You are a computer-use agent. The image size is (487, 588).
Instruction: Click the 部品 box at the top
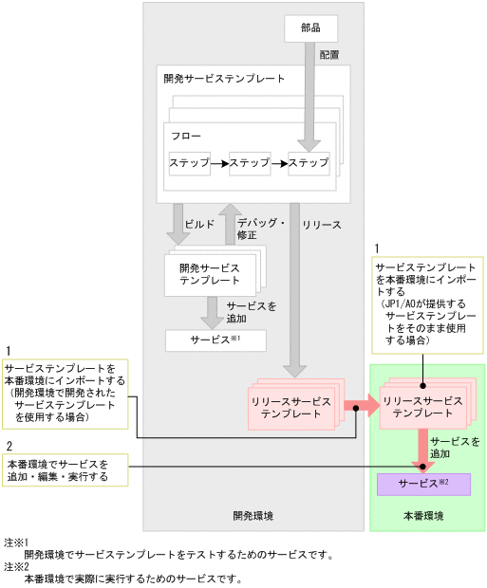pyautogui.click(x=310, y=28)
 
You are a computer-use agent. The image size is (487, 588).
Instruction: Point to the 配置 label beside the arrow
pyautogui.click(x=329, y=55)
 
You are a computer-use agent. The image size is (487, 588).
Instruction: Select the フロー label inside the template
pyautogui.click(x=186, y=137)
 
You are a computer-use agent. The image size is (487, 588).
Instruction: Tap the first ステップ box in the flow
pyautogui.click(x=189, y=163)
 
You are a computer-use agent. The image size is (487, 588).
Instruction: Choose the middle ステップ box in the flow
pyautogui.click(x=250, y=163)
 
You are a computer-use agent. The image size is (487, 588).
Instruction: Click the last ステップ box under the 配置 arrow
pyautogui.click(x=309, y=163)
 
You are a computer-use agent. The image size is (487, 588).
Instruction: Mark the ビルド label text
pyautogui.click(x=199, y=225)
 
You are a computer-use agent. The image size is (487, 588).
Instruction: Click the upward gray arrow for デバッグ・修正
pyautogui.click(x=229, y=223)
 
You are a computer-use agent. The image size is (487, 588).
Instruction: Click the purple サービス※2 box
pyautogui.click(x=423, y=484)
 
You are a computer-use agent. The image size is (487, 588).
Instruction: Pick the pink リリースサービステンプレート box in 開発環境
pyautogui.click(x=290, y=409)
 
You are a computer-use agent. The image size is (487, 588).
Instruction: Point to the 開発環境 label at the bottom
pyautogui.click(x=253, y=517)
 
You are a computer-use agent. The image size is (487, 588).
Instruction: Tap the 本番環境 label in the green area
pyautogui.click(x=423, y=517)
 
